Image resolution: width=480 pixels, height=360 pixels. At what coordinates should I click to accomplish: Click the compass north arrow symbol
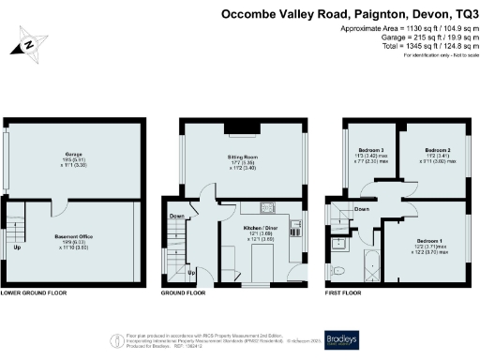click(30, 43)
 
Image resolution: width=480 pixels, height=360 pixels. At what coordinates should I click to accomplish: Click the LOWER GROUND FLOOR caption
click(35, 292)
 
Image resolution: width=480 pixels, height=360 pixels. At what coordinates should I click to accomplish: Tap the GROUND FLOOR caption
click(183, 292)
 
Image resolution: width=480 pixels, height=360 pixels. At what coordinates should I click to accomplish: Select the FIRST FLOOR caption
click(343, 292)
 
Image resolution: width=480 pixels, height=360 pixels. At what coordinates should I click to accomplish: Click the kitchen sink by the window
click(296, 225)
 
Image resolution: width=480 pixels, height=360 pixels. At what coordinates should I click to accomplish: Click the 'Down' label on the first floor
click(362, 209)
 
